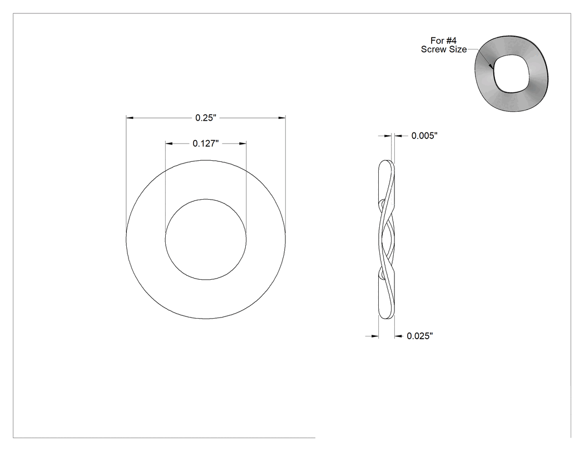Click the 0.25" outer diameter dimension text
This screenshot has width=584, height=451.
(206, 118)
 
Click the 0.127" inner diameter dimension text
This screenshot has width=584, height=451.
(206, 143)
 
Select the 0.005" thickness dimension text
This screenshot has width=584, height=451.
(424, 136)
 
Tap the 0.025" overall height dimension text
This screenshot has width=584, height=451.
(420, 336)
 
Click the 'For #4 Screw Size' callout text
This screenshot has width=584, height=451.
(444, 45)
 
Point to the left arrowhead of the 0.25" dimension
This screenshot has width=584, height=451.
(130, 118)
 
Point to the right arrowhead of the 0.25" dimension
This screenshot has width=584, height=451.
(282, 118)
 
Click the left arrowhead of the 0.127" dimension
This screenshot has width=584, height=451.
(169, 143)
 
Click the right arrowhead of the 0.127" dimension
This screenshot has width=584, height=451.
(242, 143)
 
